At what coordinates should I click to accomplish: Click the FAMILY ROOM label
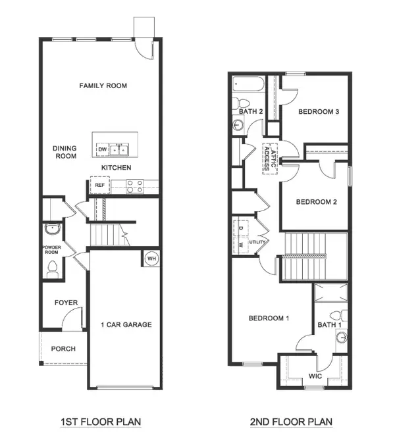coord(103,86)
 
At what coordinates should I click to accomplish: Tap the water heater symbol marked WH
coord(151,259)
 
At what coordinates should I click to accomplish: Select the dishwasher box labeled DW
coord(103,149)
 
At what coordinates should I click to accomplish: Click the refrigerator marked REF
coord(100,185)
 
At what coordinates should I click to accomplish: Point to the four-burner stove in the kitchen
coord(135,186)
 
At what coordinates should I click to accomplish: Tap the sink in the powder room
coord(53,229)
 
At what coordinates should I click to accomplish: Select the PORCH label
coord(63,349)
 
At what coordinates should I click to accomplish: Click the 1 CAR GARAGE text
coord(126,324)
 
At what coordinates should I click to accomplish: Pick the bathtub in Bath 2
coord(248,84)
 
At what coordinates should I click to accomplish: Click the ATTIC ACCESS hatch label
coord(270,159)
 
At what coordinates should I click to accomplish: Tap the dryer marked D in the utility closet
coord(240,228)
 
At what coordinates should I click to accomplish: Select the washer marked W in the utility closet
coord(240,245)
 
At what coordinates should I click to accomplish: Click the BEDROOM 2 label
coord(317,202)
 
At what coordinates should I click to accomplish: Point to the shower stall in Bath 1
coord(331,292)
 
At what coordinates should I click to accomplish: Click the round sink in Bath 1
coord(342,337)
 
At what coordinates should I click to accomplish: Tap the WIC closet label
coord(315,376)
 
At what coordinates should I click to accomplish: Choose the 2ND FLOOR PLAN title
coord(291,422)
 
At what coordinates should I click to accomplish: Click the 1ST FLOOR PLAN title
coord(101,422)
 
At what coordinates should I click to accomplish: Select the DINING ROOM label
coord(65,152)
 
